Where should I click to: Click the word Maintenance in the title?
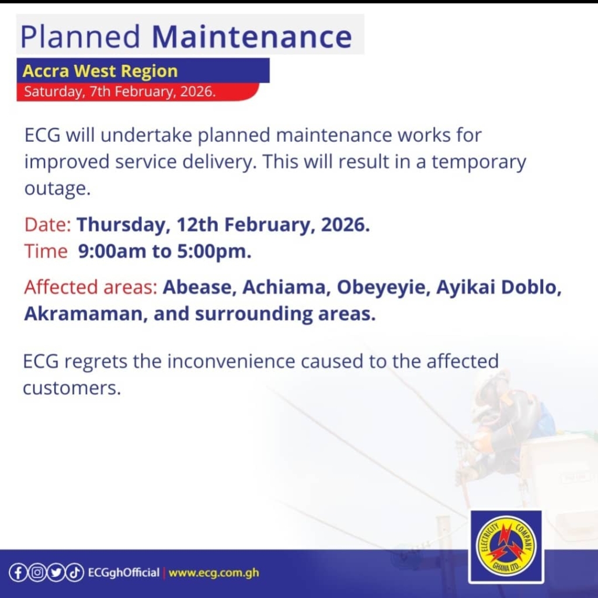pyautogui.click(x=252, y=36)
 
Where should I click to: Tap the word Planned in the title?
pyautogui.click(x=80, y=36)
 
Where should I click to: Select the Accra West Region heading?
pyautogui.click(x=100, y=71)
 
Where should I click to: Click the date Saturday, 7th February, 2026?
pyautogui.click(x=120, y=92)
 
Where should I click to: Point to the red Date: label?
pyautogui.click(x=48, y=225)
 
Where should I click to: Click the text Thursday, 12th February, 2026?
pyautogui.click(x=223, y=225)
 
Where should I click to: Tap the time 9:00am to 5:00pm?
pyautogui.click(x=165, y=252)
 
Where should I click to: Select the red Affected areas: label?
pyautogui.click(x=91, y=288)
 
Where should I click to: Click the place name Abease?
pyautogui.click(x=199, y=288)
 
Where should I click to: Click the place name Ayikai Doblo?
pyautogui.click(x=498, y=288)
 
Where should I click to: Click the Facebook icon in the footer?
pyautogui.click(x=18, y=572)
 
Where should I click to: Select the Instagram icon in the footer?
pyautogui.click(x=37, y=572)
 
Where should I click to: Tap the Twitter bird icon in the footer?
pyautogui.click(x=56, y=572)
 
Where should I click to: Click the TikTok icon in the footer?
pyautogui.click(x=75, y=572)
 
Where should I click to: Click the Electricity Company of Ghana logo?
pyautogui.click(x=506, y=547)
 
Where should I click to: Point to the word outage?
pyautogui.click(x=57, y=189)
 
